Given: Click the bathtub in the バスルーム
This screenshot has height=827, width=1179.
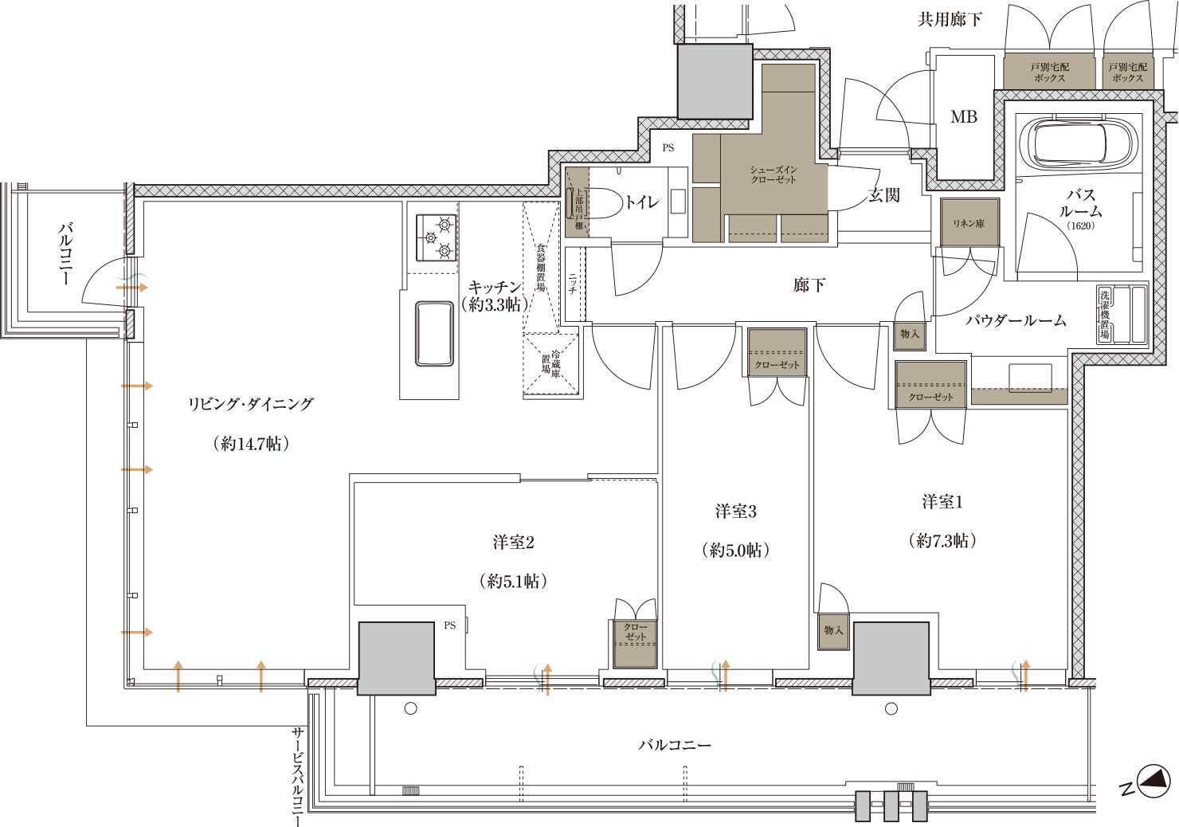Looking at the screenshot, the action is [x=1078, y=143].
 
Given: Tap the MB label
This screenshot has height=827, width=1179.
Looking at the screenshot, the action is [x=964, y=116].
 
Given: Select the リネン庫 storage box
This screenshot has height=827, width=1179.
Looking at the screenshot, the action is [x=969, y=222].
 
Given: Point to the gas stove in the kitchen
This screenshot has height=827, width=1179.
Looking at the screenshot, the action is [x=437, y=237].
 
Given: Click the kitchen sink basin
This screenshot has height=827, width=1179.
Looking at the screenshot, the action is [x=434, y=334].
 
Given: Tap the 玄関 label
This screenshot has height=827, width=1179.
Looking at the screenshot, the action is [x=883, y=195].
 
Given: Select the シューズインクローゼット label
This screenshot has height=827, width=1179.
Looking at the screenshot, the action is [x=774, y=174].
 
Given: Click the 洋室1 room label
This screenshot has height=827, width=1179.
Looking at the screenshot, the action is [x=942, y=502].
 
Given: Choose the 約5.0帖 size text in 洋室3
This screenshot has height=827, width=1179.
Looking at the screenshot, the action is [x=736, y=550].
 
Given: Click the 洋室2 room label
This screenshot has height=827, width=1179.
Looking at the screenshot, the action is [x=514, y=543].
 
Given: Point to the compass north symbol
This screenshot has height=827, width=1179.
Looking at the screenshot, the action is [x=1154, y=781].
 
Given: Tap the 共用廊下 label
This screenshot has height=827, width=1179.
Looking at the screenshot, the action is [x=950, y=19].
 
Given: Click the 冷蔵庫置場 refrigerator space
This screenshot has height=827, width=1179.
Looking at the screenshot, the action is [x=550, y=364].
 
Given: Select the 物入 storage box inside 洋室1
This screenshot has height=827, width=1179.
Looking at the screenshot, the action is [x=834, y=630].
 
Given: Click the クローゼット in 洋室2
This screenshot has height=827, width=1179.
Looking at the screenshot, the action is [x=635, y=643].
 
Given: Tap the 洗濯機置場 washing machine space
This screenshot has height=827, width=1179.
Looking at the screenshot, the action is [x=1122, y=315].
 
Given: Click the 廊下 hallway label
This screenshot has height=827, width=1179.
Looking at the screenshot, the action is [x=809, y=284].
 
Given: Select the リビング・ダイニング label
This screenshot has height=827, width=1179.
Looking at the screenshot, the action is [x=251, y=404].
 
